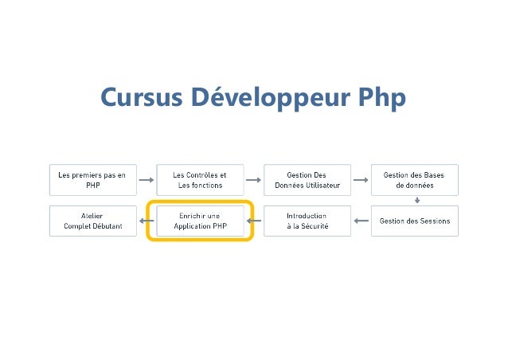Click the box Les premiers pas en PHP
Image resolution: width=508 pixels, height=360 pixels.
tap(92, 180)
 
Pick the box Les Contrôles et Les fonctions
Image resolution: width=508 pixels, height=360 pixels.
tap(199, 180)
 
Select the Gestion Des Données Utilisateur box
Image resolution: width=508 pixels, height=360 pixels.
tap(307, 180)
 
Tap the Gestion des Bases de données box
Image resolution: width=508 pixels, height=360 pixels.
tap(414, 180)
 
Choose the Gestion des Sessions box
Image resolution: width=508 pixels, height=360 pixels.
tap(414, 221)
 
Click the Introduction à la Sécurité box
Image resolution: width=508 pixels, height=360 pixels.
tap(307, 221)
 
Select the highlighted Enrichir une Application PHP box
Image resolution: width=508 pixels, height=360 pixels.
tap(199, 221)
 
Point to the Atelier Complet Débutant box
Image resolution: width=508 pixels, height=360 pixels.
tap(92, 221)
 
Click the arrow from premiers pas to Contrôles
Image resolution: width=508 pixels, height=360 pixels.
tap(146, 180)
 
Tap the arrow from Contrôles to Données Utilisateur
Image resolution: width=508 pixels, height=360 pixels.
tap(253, 180)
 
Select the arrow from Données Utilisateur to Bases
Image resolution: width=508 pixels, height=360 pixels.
tap(360, 180)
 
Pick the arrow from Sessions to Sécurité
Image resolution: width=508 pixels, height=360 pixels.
tap(360, 221)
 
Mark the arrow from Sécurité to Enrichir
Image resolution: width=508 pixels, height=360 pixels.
tap(254, 221)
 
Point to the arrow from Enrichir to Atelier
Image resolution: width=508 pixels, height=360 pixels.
tap(147, 221)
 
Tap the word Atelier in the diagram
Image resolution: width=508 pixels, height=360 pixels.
tap(92, 215)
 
